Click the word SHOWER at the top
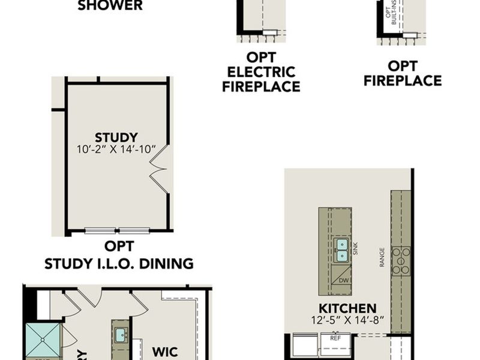(110, 6)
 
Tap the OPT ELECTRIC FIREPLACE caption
(261, 73)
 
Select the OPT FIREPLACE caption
(403, 73)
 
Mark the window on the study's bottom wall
(117, 230)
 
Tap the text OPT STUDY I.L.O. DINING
(119, 255)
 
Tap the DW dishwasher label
(343, 280)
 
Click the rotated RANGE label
(382, 257)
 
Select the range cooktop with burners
(400, 260)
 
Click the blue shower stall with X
(43, 341)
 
